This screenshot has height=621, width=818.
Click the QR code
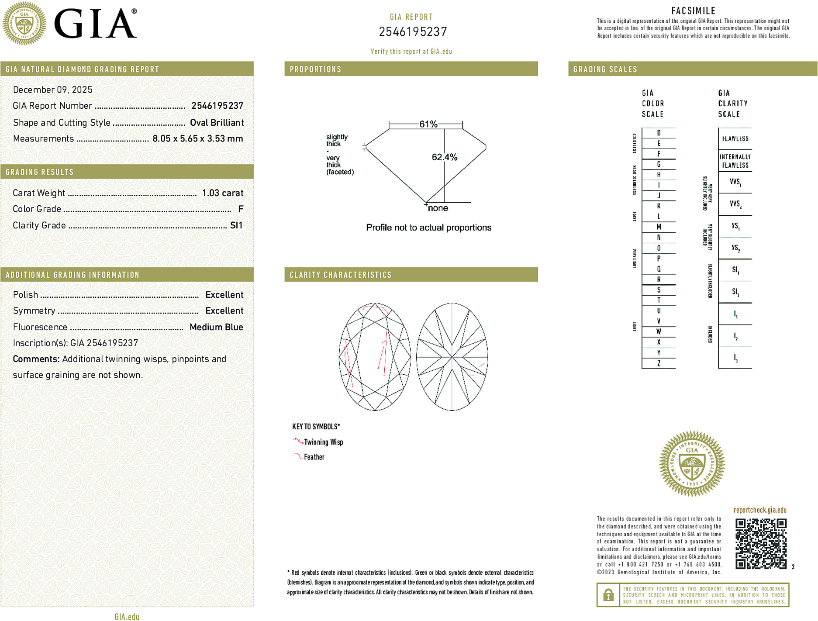pos(760,543)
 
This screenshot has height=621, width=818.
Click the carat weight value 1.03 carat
pos(222,193)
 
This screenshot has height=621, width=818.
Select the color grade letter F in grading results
pos(241,209)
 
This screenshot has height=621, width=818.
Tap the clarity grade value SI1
pos(236,225)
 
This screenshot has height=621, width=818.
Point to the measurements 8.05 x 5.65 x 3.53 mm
pos(197,139)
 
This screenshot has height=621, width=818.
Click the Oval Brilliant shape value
pos(217,123)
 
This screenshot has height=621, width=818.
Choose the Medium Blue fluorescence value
pos(216,327)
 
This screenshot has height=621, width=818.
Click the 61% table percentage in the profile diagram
pos(428,124)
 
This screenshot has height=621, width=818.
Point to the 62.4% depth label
pos(445,157)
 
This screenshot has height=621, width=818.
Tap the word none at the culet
pos(438,208)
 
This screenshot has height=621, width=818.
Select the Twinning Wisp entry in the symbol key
pos(323,442)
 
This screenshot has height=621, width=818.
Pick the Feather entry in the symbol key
pos(314,457)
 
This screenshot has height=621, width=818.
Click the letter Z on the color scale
pos(659,363)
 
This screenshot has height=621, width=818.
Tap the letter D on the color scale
pos(659,133)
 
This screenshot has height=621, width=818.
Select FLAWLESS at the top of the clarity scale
pos(735,139)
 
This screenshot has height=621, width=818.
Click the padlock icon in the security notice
pos(608,595)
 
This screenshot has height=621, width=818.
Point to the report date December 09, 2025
pos(53,90)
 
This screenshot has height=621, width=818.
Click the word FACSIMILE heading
pos(693,11)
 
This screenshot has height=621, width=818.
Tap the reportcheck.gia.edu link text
pos(759,510)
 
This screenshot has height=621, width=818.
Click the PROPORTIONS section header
pos(315,69)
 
